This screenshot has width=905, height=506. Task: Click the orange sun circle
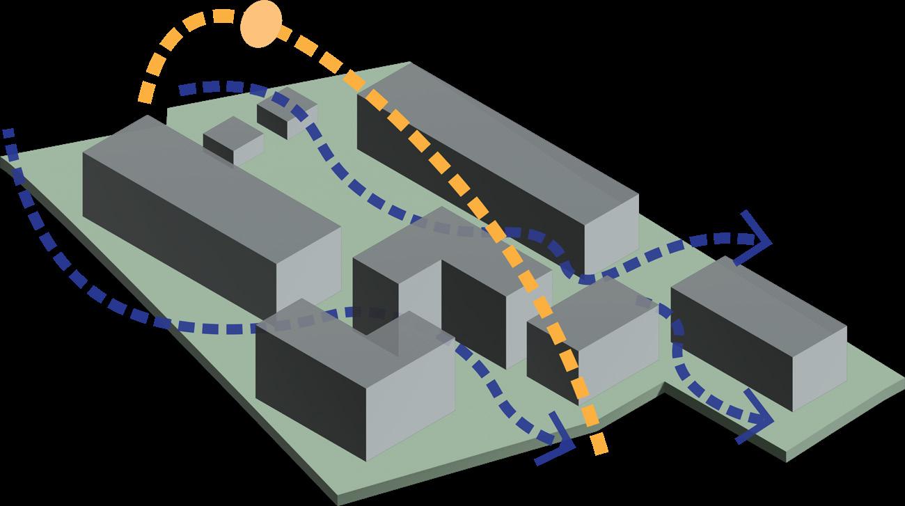262,24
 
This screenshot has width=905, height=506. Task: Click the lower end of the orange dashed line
599,445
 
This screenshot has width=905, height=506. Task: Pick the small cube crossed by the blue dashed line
287,115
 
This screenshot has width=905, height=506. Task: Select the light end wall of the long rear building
611,233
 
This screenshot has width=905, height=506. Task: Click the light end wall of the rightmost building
819,365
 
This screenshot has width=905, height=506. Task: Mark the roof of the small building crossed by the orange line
592,303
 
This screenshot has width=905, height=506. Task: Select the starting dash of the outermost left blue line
8,134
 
